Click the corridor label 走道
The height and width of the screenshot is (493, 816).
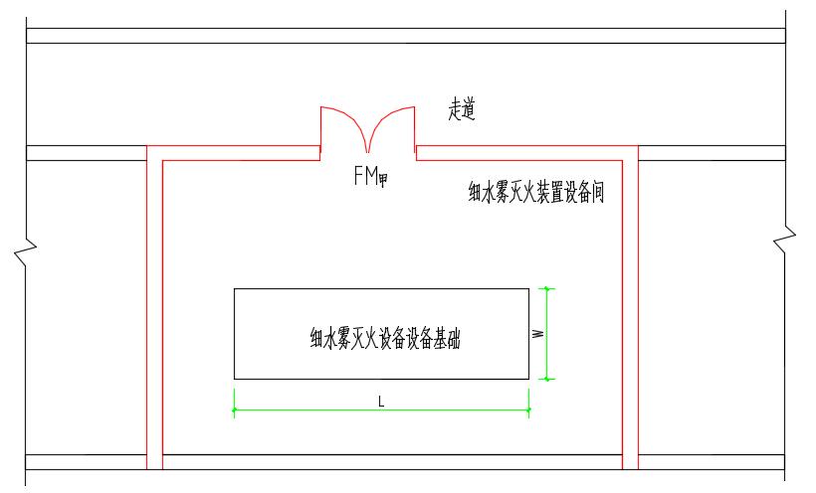click(462, 111)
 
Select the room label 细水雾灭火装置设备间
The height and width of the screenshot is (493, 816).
click(536, 192)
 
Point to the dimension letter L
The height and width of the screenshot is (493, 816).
click(381, 401)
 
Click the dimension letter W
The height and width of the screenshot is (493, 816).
click(537, 334)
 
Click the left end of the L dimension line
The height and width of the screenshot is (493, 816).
click(235, 410)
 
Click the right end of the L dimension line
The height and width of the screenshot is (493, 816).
click(528, 410)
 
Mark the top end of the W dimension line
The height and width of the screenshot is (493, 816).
click(546, 288)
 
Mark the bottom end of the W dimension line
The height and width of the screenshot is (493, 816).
click(546, 379)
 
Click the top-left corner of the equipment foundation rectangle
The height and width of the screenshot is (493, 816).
click(235, 289)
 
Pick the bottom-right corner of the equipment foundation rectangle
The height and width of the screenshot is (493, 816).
click(528, 379)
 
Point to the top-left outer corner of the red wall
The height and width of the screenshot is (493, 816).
click(147, 146)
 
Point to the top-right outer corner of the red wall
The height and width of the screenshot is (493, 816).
click(638, 146)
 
